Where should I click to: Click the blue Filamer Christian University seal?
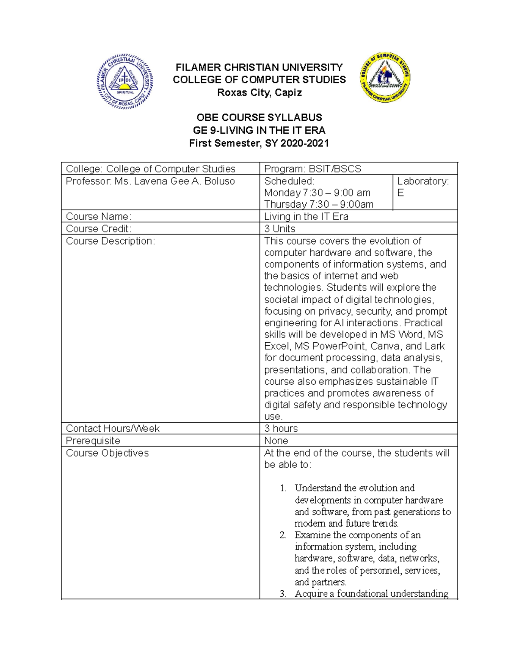(x=125, y=82)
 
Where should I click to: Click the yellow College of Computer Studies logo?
(x=385, y=78)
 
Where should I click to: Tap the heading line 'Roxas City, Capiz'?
(x=259, y=93)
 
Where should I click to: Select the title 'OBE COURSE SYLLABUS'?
(x=259, y=118)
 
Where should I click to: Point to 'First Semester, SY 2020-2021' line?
(x=259, y=143)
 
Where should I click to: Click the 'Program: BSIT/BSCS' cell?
(x=313, y=169)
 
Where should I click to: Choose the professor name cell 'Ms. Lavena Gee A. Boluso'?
(x=150, y=181)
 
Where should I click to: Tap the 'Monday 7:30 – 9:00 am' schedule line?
(x=317, y=193)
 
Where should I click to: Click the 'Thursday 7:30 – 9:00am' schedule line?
(x=319, y=204)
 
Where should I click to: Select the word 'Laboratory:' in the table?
(x=423, y=181)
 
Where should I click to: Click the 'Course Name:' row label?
(x=98, y=216)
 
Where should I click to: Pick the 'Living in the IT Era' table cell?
(x=306, y=216)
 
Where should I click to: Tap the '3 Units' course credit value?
(x=280, y=228)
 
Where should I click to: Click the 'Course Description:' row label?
(x=110, y=241)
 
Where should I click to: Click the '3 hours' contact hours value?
(x=281, y=428)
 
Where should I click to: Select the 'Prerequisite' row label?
(x=93, y=440)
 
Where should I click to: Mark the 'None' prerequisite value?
(x=276, y=440)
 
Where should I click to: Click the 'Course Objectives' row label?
(x=107, y=453)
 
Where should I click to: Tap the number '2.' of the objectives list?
(x=283, y=535)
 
